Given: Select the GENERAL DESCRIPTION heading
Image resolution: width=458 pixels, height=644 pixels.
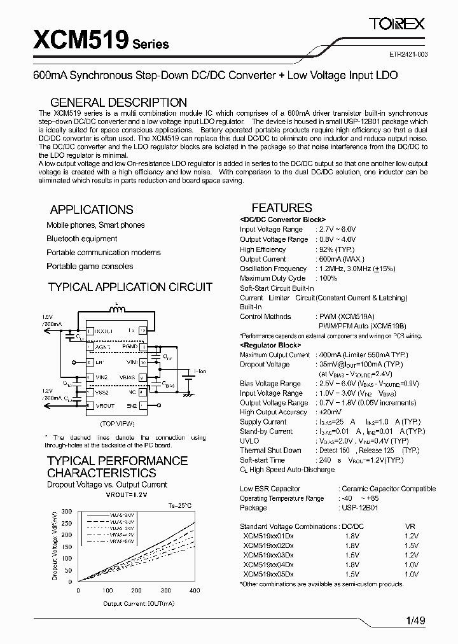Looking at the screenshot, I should [x=118, y=102].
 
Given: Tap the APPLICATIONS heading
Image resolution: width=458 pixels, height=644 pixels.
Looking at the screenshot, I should [x=92, y=209].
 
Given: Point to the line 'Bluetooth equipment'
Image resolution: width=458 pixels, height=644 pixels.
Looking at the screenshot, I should [x=81, y=239].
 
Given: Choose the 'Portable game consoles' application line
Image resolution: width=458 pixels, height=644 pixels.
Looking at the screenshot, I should [x=90, y=266].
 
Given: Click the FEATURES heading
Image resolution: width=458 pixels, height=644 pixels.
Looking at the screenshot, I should [x=282, y=207].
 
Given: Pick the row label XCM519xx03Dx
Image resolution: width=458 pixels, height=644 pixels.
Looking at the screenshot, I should [x=268, y=554].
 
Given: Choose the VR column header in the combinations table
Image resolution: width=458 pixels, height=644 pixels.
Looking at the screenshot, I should [x=410, y=526].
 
